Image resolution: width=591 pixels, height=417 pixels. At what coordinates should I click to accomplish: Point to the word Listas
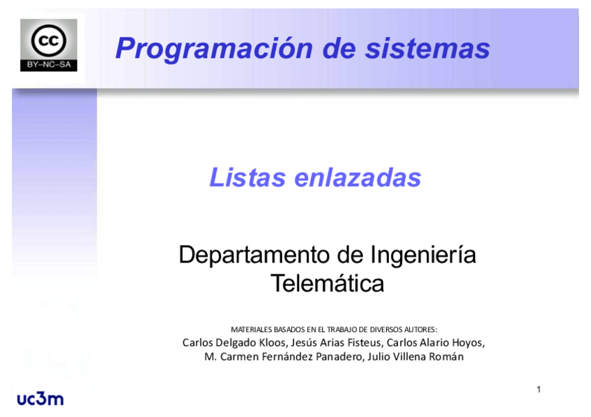tap(247, 178)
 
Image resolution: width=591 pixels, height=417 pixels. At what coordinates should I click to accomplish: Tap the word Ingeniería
tap(422, 255)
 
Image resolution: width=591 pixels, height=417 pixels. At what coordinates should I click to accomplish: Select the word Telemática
tap(327, 283)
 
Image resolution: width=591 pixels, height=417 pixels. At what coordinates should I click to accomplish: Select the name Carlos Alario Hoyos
tap(434, 343)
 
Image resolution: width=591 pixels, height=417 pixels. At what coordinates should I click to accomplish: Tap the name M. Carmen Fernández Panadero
tap(284, 357)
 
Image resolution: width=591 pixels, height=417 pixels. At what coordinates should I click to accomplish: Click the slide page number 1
tap(539, 389)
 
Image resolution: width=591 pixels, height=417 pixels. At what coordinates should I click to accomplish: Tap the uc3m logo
tap(40, 398)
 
